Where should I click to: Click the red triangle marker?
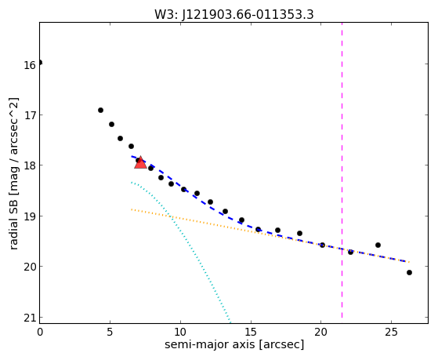[140, 162]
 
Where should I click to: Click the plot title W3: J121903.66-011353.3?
[234, 14]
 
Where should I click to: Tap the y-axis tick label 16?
[29, 65]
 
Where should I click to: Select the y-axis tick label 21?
[29, 318]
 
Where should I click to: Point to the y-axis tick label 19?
[29, 216]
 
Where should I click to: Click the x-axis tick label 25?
[391, 332]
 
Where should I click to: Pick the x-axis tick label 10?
[180, 332]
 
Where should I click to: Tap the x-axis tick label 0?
[40, 332]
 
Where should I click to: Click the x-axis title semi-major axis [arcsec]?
[234, 344]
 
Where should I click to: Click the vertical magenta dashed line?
[342, 170]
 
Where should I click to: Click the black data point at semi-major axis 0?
[40, 63]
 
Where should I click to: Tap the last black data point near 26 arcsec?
[409, 272]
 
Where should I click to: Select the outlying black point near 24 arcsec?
[378, 245]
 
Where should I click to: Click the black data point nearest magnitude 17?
[100, 111]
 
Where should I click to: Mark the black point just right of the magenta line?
[350, 252]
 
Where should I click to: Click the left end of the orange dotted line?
[132, 209]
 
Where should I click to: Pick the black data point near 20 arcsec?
[322, 245]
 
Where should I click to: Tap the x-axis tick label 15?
[251, 332]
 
